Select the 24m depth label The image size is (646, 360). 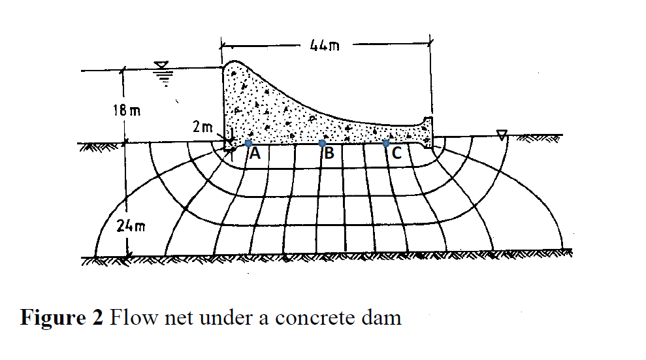pyautogui.click(x=131, y=227)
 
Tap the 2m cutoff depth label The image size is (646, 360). pyautogui.click(x=202, y=127)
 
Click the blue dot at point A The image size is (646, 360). pyautogui.click(x=248, y=143)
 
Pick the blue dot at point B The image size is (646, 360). pyautogui.click(x=322, y=143)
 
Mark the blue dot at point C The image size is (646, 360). pyautogui.click(x=386, y=143)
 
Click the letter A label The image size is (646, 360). pyautogui.click(x=255, y=154)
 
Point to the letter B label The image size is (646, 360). pyautogui.click(x=329, y=154)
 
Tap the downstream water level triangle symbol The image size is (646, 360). pyautogui.click(x=502, y=135)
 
